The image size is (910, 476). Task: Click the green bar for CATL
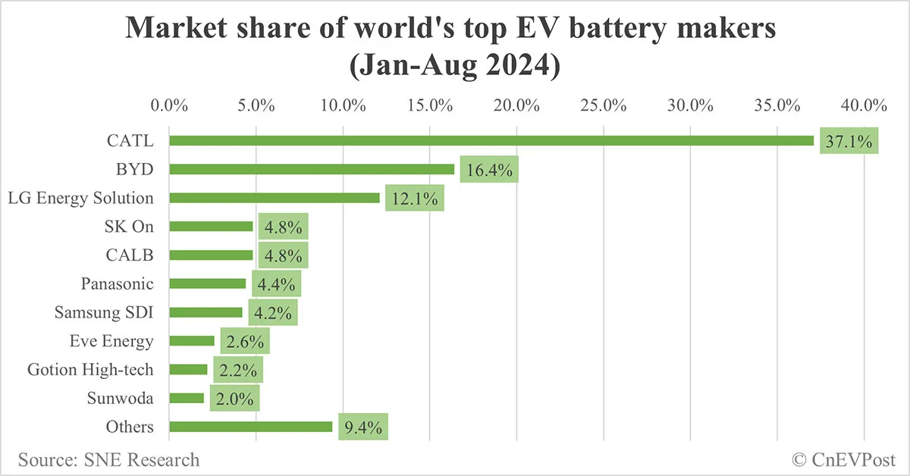point(491,140)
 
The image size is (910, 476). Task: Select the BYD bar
point(312,169)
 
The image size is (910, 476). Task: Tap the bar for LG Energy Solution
point(274,198)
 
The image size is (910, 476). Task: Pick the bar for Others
point(251,427)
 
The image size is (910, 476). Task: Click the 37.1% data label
point(848,141)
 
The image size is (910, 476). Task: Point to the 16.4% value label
point(489,170)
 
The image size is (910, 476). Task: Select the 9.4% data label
point(363,427)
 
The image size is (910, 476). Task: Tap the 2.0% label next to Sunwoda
point(234,398)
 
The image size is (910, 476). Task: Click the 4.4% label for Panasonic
point(276,284)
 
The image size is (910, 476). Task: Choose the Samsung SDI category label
point(104,312)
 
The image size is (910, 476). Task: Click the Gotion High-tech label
point(90,370)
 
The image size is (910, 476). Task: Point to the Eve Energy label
point(111,341)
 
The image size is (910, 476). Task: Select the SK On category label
point(129,226)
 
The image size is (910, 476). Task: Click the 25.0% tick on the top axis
point(603,105)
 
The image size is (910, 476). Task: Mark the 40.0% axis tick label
point(864,105)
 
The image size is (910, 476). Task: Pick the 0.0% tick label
point(169,105)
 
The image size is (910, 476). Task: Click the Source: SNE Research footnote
point(109,459)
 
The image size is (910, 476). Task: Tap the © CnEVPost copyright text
point(844,459)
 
